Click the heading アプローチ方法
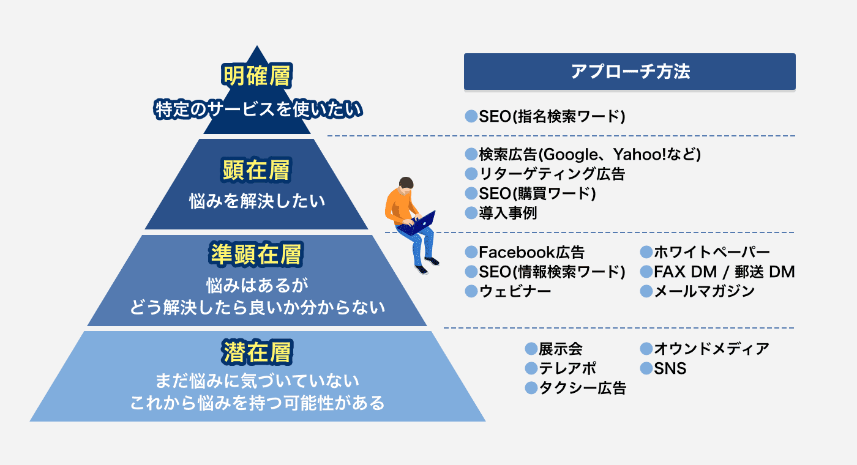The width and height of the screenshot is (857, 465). click(x=630, y=72)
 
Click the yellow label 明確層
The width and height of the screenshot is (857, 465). click(x=256, y=76)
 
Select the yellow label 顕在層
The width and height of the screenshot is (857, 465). click(x=256, y=170)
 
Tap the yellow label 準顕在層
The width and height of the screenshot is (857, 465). click(x=256, y=255)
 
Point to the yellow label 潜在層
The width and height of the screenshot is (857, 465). click(x=257, y=352)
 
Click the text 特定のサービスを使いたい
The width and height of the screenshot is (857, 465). click(x=258, y=110)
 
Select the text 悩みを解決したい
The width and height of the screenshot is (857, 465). click(x=257, y=201)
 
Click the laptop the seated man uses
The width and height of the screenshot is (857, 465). click(x=419, y=223)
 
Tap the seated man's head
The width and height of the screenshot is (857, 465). click(x=406, y=184)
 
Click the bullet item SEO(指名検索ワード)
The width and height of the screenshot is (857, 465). click(x=545, y=116)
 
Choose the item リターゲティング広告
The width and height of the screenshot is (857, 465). click(x=545, y=174)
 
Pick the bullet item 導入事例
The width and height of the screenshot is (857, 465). click(x=501, y=213)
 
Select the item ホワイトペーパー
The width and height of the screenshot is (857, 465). click(x=705, y=252)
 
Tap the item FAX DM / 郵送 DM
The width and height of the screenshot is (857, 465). click(x=717, y=272)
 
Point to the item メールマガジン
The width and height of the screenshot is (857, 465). click(x=697, y=291)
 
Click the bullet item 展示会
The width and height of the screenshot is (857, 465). click(x=553, y=349)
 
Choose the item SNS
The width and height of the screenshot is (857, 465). click(x=663, y=368)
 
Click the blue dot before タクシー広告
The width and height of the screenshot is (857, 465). click(x=531, y=388)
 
